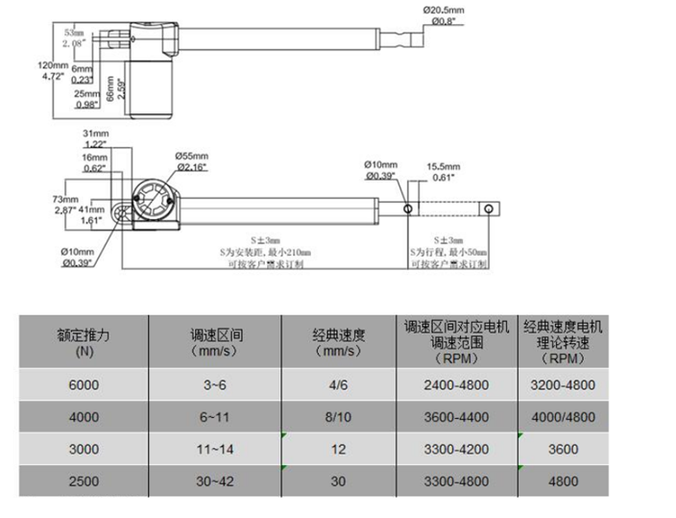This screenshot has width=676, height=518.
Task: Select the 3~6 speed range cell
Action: click(216, 384)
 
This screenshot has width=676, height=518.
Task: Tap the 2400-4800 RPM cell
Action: click(456, 384)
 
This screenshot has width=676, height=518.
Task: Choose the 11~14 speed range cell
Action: click(216, 449)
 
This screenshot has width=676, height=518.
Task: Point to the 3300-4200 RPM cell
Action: click(456, 449)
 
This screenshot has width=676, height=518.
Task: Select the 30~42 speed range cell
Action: click(216, 481)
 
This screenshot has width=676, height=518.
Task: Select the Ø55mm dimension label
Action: click(193, 155)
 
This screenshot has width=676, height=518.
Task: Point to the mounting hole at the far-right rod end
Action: click(491, 207)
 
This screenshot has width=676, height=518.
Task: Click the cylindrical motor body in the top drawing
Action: click(152, 90)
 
